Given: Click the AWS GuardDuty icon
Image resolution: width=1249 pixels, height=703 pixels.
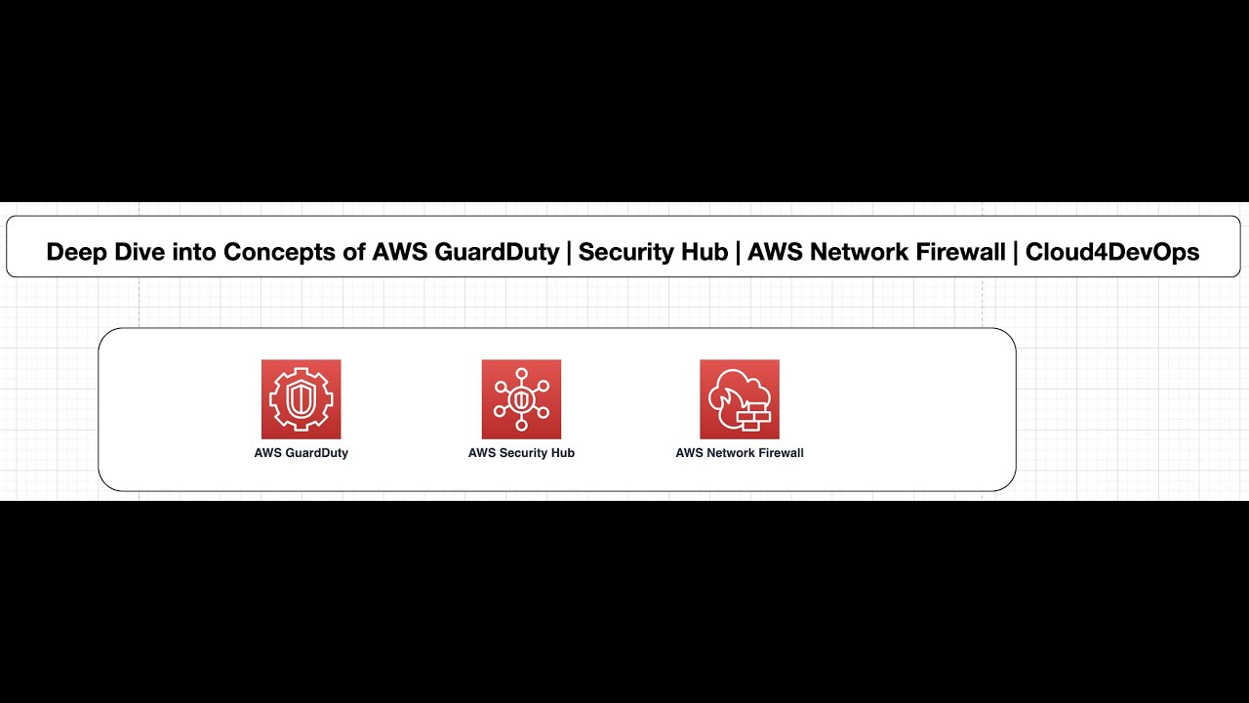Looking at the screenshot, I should [301, 399].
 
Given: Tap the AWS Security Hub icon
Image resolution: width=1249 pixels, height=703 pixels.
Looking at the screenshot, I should [521, 399].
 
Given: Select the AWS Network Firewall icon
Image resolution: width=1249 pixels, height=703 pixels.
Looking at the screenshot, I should [740, 399].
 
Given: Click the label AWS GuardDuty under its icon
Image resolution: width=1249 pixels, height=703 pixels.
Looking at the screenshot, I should [301, 453].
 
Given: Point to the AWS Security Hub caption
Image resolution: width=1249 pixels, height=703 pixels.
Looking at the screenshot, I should [521, 453].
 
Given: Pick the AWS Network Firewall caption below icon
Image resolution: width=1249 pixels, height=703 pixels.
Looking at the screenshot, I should [740, 453].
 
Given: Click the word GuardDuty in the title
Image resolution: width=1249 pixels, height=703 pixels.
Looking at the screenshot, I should [497, 252].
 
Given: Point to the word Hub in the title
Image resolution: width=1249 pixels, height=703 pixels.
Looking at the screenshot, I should [705, 252].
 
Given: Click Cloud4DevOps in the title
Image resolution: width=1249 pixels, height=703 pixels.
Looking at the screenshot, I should [1111, 252].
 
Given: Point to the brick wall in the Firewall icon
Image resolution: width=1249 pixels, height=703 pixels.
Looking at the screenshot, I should [752, 420].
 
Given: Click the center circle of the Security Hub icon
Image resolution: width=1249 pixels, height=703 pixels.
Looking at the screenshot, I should [521, 399].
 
